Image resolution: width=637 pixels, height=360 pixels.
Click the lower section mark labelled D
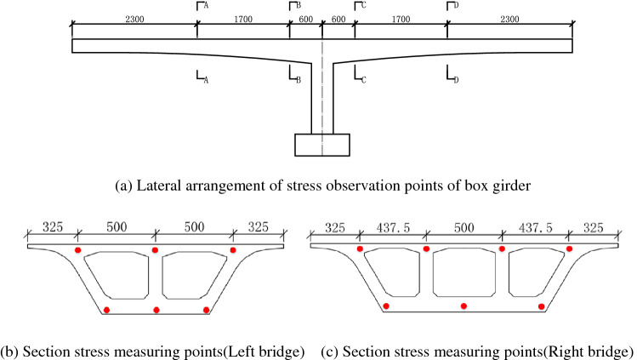(x=452, y=77)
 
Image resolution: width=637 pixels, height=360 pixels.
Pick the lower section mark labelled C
(x=360, y=77)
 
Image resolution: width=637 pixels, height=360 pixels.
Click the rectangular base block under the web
(x=321, y=145)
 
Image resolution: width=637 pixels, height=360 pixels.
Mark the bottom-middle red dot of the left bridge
(x=156, y=310)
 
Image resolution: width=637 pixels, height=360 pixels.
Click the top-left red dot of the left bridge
(x=77, y=251)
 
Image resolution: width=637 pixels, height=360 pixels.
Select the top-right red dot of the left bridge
(x=233, y=250)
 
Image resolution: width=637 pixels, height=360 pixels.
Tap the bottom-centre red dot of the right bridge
(x=464, y=306)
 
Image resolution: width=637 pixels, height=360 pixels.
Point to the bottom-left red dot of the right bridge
(x=386, y=306)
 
